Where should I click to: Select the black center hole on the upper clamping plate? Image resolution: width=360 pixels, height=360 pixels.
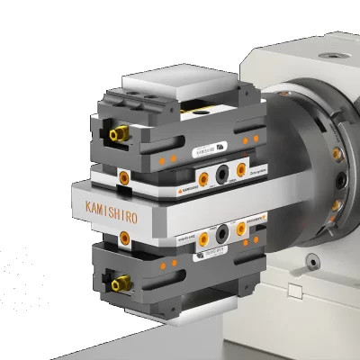pos(220,171)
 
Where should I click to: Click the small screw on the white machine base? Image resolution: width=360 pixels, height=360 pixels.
pos(312,260)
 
